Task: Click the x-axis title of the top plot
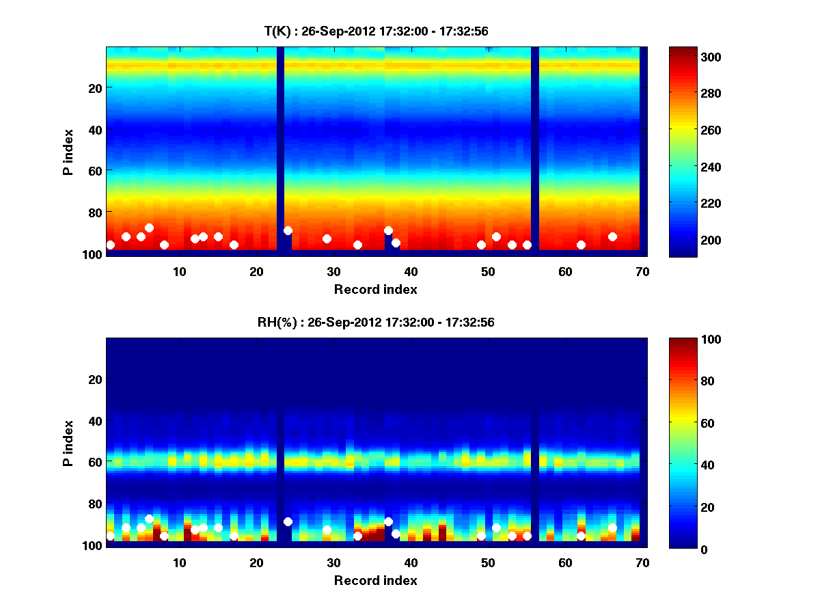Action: pyautogui.click(x=376, y=289)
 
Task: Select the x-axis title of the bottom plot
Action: pyautogui.click(x=376, y=580)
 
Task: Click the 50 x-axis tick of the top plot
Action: pyautogui.click(x=488, y=272)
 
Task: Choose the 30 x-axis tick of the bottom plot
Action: pyautogui.click(x=333, y=563)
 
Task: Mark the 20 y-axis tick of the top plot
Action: pyautogui.click(x=94, y=87)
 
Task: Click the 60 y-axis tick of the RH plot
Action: pyautogui.click(x=94, y=462)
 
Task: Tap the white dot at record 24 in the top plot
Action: pyautogui.click(x=288, y=231)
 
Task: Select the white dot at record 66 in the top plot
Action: pyautogui.click(x=612, y=236)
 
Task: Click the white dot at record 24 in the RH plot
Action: pyautogui.click(x=288, y=521)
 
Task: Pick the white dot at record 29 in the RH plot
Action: pyautogui.click(x=327, y=530)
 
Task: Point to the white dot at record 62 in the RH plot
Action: pyautogui.click(x=581, y=536)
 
